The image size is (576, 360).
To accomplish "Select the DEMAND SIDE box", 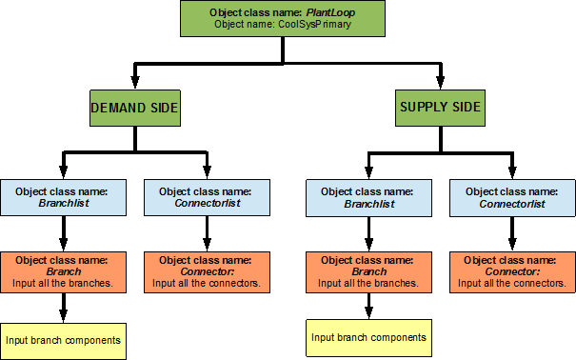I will click(134, 109).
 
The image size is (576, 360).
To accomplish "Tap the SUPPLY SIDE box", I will click(439, 109).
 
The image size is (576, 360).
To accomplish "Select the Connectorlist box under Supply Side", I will click(511, 197).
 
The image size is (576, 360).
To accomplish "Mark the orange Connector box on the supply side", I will click(511, 270).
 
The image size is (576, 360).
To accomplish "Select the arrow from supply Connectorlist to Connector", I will click(511, 233).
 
